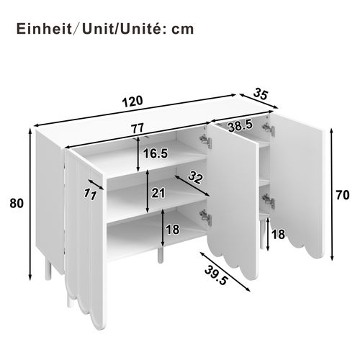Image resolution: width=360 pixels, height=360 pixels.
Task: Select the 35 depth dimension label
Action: point(261,93)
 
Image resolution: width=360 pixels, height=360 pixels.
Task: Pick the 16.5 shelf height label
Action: point(155,153)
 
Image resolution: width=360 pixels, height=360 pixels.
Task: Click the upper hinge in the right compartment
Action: point(269,127)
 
